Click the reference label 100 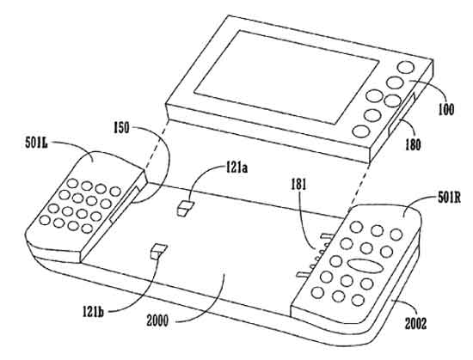[446, 109]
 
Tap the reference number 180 [412, 145]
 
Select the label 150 [121, 128]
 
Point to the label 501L [36, 143]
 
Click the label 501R [449, 198]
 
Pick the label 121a [236, 168]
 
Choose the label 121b [93, 312]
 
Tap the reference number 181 [298, 185]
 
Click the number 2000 [157, 321]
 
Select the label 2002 [415, 324]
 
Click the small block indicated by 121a [185, 209]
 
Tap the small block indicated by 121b [158, 251]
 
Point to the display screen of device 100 [286, 76]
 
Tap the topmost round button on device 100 [406, 67]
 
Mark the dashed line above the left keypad [156, 145]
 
